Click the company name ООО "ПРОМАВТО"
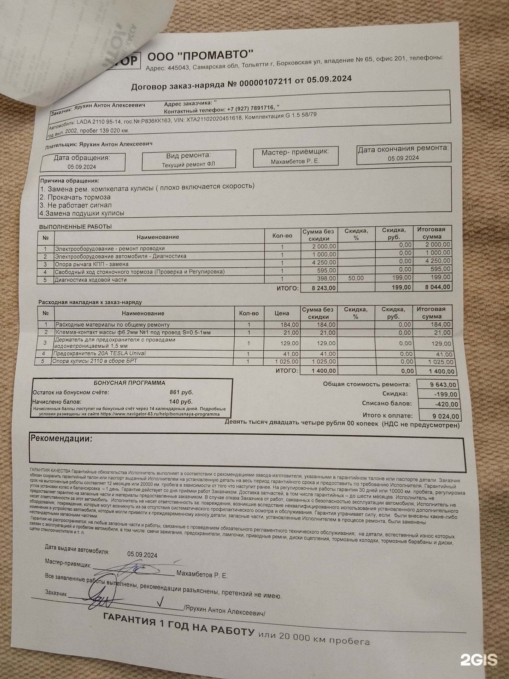(x=200, y=57)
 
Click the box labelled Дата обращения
(x=83, y=162)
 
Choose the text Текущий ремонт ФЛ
(x=188, y=164)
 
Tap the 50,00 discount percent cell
(x=356, y=278)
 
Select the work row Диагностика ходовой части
(x=90, y=280)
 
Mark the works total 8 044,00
(x=437, y=287)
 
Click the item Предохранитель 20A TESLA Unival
(x=99, y=353)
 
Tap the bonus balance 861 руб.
(x=181, y=392)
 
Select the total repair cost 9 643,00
(x=443, y=385)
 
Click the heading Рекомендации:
(x=62, y=439)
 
